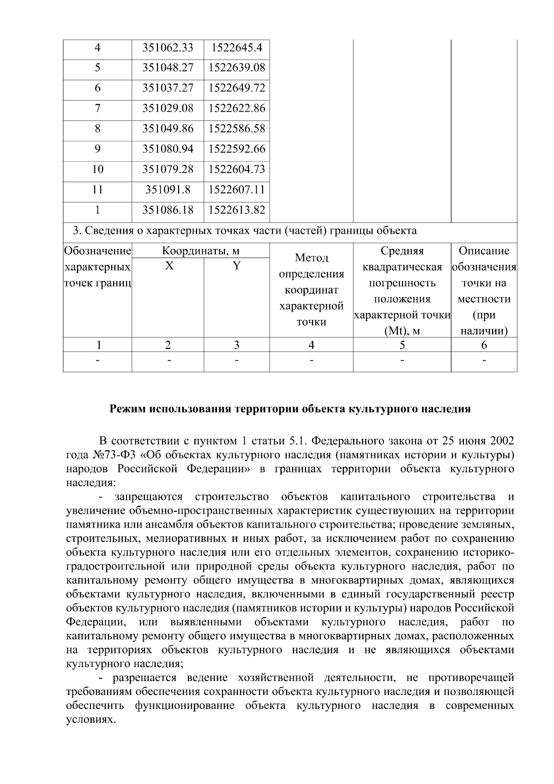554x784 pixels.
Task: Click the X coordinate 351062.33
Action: click(168, 48)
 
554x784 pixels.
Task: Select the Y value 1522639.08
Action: click(237, 68)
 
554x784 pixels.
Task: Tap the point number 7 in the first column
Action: click(97, 109)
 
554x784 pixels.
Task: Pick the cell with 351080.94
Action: click(168, 149)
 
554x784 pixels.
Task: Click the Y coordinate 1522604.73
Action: click(237, 170)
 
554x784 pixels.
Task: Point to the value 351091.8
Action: click(168, 190)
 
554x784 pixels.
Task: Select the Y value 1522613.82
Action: click(237, 210)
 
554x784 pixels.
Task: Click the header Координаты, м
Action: click(200, 251)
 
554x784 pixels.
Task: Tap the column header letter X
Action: click(169, 266)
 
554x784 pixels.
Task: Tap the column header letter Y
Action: click(236, 266)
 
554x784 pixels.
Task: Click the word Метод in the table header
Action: click(311, 258)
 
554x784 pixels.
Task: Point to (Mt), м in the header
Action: click(402, 331)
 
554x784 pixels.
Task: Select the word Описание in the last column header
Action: click(484, 251)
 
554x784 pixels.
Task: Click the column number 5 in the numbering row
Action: click(402, 345)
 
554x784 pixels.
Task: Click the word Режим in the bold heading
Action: click(126, 409)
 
